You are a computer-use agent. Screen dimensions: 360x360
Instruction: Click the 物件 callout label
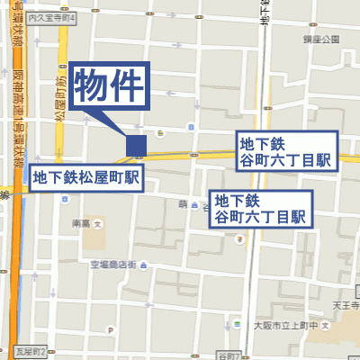coord(108,86)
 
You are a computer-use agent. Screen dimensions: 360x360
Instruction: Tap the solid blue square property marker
coord(136,144)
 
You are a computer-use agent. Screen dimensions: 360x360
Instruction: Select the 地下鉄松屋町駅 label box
coord(86,177)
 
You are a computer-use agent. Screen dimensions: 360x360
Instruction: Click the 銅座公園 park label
coord(319,40)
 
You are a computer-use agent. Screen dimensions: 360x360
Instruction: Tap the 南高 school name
coord(81,222)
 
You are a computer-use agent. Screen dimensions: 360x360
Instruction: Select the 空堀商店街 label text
coord(112,265)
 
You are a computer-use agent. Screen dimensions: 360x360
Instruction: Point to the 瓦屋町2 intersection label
coord(31,349)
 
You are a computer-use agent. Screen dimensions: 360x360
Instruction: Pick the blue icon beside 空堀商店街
coord(147,265)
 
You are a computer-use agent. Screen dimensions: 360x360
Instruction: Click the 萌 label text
coord(182,205)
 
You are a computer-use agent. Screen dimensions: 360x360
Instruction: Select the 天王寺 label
coord(346,308)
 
